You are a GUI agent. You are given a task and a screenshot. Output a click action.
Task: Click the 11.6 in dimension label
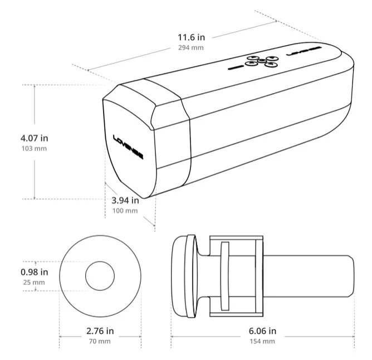tap(191, 37)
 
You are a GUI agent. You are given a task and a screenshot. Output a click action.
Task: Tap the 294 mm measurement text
tap(191, 48)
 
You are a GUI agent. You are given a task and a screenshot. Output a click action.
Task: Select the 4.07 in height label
tap(35, 138)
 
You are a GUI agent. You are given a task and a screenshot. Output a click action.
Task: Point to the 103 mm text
tap(34, 149)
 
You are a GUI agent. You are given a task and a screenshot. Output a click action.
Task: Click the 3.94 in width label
tap(125, 201)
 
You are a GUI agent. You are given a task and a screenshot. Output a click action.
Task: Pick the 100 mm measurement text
tap(125, 211)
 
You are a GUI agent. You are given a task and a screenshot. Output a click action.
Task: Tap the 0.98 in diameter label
tap(35, 272)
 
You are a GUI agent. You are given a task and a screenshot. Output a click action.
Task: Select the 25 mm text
tap(34, 283)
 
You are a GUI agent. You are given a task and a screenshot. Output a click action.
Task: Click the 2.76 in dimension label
tap(100, 331)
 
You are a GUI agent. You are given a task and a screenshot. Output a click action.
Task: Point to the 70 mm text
tap(100, 342)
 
